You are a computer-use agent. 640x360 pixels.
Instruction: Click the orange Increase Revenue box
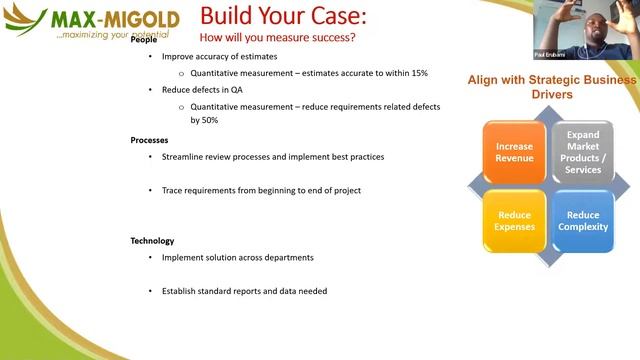(514, 153)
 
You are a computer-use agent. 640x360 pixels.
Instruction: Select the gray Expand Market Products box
(583, 152)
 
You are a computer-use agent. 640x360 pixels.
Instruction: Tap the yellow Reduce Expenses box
(514, 220)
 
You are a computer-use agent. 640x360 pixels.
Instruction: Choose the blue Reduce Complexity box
(583, 220)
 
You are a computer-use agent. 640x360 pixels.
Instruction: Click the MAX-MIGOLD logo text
(115, 19)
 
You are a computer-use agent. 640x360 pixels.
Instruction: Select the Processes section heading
(149, 140)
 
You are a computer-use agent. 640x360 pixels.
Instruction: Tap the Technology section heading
(152, 241)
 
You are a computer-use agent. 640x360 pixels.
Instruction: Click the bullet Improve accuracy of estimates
(220, 57)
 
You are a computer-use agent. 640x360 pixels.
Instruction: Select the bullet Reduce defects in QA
(202, 90)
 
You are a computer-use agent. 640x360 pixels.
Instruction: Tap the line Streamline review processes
(272, 157)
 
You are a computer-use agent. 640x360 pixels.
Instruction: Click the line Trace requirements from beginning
(261, 190)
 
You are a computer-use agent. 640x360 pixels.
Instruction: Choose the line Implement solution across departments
(238, 257)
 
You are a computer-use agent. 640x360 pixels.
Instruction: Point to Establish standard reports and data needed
(244, 291)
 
